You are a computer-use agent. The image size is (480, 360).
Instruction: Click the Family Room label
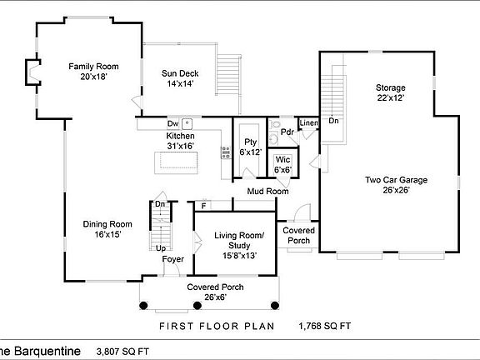[x=93, y=67]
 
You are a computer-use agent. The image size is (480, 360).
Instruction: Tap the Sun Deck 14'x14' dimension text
[x=180, y=83]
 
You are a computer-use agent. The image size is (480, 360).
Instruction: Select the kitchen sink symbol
[x=187, y=124]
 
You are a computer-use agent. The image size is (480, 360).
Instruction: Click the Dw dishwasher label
[x=173, y=123]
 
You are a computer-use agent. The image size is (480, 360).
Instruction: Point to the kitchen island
[x=176, y=162]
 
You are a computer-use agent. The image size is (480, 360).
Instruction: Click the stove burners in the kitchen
[x=226, y=152]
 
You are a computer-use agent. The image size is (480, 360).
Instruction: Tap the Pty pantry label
[x=250, y=142]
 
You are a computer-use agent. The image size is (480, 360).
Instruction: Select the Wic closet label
[x=282, y=159]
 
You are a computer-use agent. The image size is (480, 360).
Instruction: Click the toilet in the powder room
[x=275, y=125]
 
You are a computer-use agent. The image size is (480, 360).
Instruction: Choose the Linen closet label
[x=309, y=123]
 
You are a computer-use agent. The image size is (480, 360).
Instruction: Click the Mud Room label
[x=267, y=192]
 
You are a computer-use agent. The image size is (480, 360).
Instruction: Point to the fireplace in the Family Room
[x=32, y=72]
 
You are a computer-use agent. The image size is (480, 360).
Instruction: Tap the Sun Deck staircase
[x=228, y=75]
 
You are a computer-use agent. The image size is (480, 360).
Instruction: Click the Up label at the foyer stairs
[x=161, y=248]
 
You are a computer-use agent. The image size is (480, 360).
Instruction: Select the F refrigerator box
[x=203, y=205]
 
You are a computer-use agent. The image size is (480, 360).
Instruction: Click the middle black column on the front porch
[x=197, y=305]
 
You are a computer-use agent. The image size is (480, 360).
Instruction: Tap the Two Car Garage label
[x=396, y=180]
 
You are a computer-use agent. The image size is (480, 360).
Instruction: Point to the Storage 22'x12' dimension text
[x=391, y=98]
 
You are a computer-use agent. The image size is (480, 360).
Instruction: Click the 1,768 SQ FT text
[x=325, y=326]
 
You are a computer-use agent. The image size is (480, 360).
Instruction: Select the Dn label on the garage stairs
[x=333, y=121]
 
